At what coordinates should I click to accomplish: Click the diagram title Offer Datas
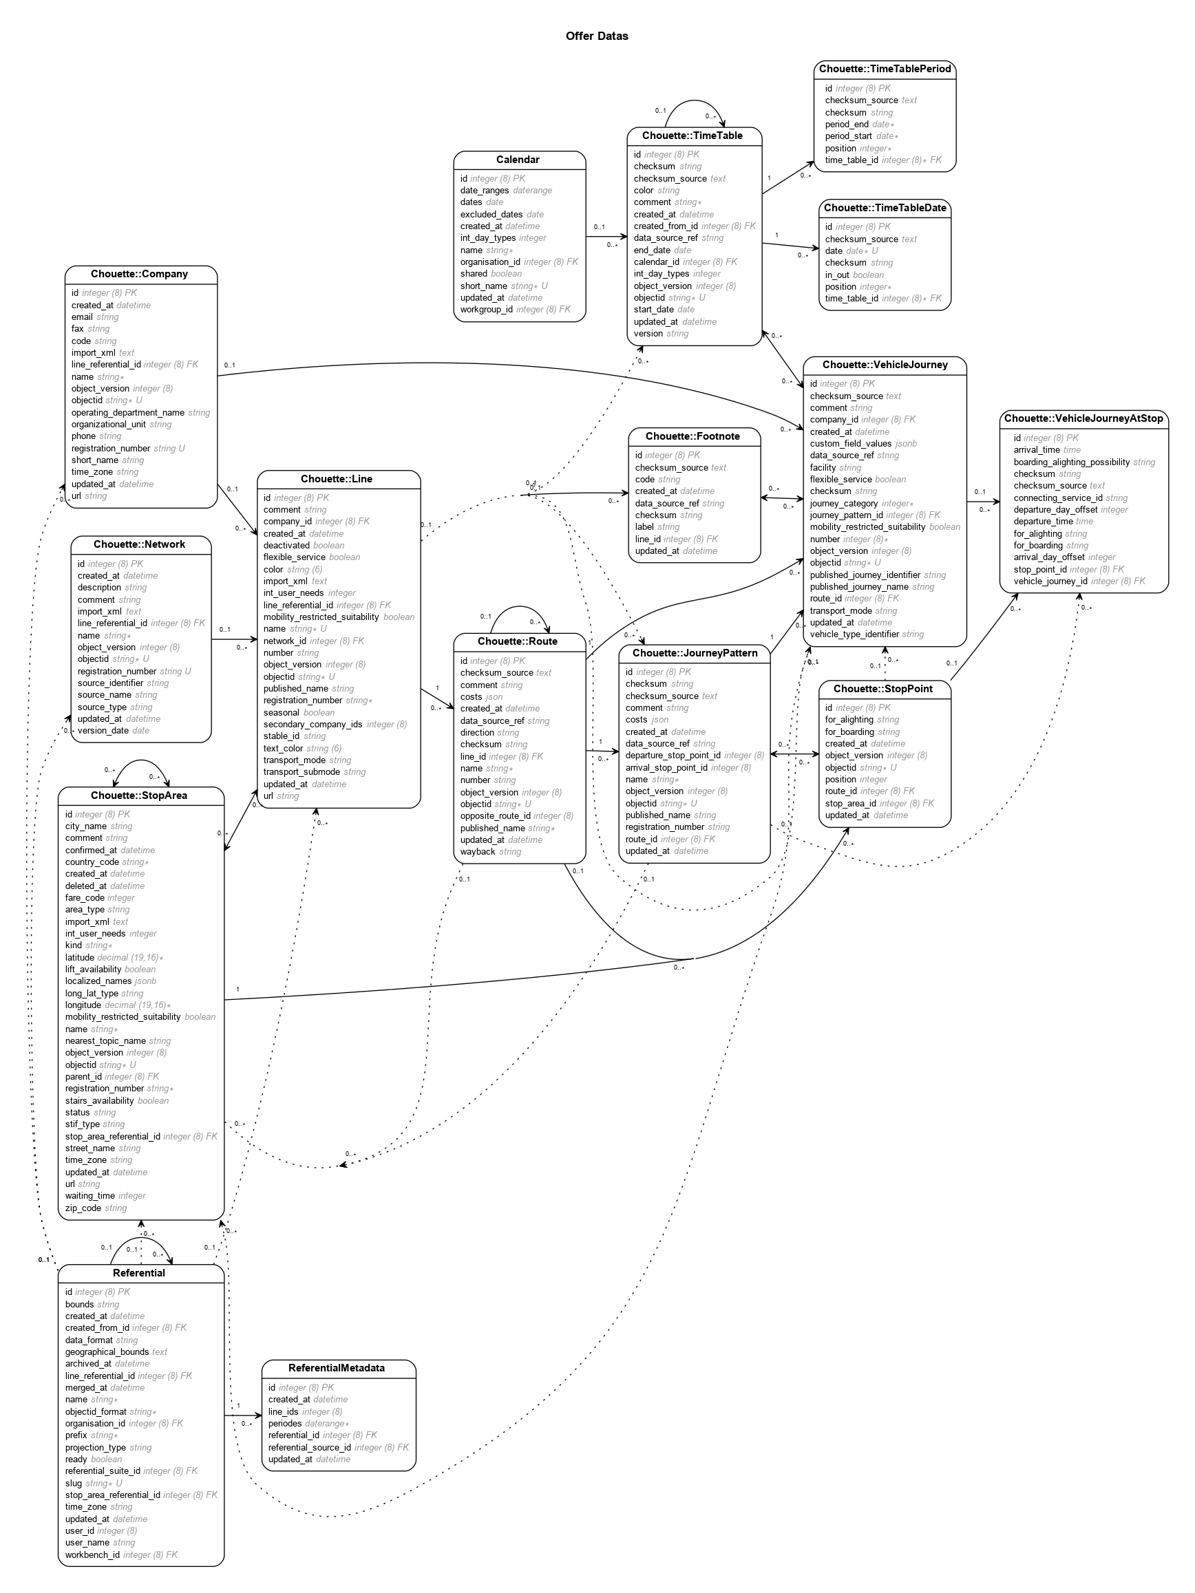pyautogui.click(x=596, y=36)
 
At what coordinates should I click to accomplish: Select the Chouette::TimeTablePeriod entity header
pyautogui.click(x=885, y=69)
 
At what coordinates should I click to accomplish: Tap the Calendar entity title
pyautogui.click(x=517, y=160)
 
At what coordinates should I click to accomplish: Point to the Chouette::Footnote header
pyautogui.click(x=692, y=436)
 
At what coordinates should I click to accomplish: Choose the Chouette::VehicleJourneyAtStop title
pyautogui.click(x=1083, y=418)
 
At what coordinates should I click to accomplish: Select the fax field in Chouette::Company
pyautogui.click(x=78, y=329)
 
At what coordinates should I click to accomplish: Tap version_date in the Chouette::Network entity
pyautogui.click(x=103, y=730)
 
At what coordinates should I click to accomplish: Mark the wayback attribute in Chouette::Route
pyautogui.click(x=478, y=852)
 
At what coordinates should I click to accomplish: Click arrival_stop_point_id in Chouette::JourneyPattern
pyautogui.click(x=666, y=768)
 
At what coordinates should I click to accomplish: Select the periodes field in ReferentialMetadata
pyautogui.click(x=285, y=1423)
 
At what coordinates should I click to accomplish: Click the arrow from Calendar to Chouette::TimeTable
pyautogui.click(x=606, y=236)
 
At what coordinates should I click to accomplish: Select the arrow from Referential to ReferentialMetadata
pyautogui.click(x=243, y=1417)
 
